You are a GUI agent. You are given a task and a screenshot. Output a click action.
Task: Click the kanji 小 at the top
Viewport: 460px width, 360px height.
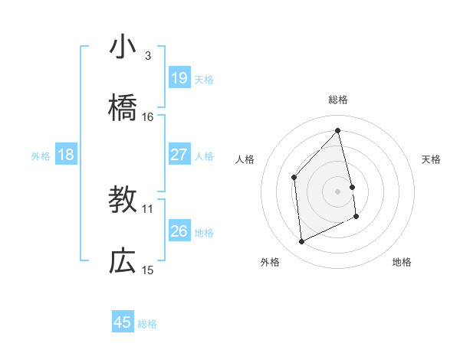123,48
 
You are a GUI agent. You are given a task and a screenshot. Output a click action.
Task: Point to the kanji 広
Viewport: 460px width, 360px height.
123,263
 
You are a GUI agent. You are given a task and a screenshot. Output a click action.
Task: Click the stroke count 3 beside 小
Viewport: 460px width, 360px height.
147,56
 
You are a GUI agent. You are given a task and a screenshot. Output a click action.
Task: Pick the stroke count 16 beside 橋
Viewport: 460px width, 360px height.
148,117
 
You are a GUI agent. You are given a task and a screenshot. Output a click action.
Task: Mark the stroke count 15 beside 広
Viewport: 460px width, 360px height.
148,270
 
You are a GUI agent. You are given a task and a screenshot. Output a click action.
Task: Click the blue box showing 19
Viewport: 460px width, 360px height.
179,77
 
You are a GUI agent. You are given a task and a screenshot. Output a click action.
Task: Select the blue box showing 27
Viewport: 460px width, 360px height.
179,155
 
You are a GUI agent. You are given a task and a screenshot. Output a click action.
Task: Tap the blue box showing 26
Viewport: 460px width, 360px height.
179,231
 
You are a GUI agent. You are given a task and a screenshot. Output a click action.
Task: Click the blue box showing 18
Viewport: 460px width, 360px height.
66,155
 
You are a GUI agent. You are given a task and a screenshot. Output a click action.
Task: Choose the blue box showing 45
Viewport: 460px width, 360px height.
123,322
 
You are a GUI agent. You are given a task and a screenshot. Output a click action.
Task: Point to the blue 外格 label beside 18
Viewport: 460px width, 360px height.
41,156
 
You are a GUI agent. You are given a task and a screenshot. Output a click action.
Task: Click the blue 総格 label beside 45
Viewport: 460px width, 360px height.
147,324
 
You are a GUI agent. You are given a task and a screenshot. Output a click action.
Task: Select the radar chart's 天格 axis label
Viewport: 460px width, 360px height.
432,159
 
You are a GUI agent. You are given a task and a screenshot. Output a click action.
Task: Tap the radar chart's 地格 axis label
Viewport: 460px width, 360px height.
402,262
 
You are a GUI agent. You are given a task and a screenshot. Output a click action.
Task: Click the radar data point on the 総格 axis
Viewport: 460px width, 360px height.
337,130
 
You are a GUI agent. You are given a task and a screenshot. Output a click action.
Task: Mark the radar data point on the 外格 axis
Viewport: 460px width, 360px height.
301,242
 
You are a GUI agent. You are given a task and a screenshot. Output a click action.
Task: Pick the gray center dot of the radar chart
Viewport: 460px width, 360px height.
337,191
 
